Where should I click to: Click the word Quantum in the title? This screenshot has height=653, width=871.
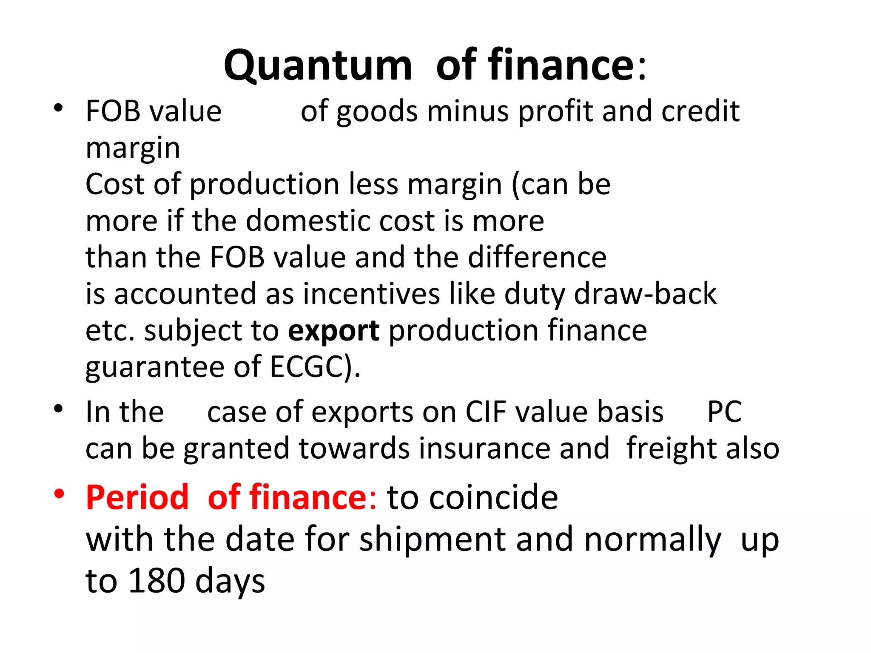(318, 66)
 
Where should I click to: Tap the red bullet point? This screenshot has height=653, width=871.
(59, 494)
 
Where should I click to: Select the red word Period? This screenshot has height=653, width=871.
(137, 497)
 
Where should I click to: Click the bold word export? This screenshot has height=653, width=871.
(333, 331)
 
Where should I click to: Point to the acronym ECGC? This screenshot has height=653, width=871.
(306, 367)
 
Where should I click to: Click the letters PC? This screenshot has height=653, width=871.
(724, 412)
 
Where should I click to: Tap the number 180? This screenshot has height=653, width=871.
(157, 581)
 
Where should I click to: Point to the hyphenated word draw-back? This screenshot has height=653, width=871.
(645, 294)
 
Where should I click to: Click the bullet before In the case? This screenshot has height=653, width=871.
(59, 409)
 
